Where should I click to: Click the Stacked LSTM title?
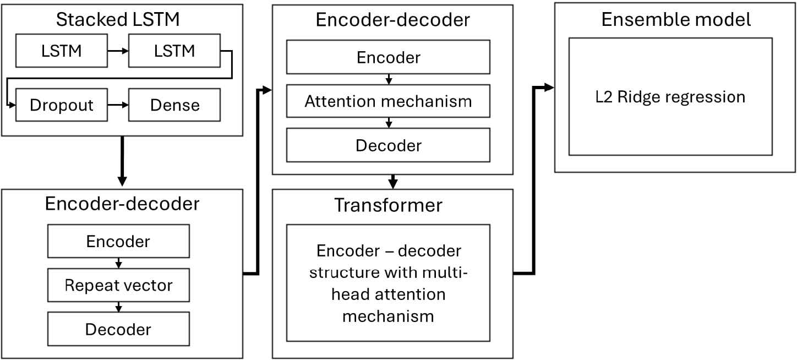118,20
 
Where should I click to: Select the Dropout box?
62,105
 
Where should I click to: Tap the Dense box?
174,105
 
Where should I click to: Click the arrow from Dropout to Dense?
118,105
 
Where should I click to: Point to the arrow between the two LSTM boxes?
118,51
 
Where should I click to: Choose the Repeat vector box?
118,285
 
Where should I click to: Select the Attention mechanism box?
388,101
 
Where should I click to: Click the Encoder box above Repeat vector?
118,241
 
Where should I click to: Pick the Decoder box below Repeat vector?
118,329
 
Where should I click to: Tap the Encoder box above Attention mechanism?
388,57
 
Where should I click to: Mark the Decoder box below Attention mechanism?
388,145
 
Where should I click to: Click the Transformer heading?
388,205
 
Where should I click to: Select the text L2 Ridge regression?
670,97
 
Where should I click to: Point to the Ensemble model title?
676,20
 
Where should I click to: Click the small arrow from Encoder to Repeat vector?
119,263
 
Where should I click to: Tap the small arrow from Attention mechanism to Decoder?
389,123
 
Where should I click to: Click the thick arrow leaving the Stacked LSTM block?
122,161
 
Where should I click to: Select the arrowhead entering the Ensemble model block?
549,87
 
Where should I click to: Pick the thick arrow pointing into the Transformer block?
393,182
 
